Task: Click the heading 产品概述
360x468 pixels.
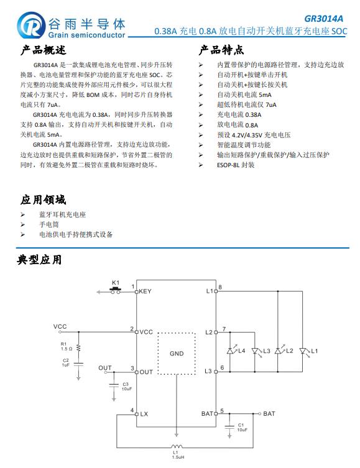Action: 40,50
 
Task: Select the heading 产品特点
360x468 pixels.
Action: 221,50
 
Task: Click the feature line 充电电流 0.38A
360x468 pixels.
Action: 239,115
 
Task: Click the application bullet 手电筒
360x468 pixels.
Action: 49,224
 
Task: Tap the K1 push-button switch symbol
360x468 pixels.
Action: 116,290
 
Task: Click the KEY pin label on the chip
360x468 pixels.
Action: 145,291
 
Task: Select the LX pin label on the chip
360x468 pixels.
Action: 144,413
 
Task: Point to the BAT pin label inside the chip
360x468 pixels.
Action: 207,413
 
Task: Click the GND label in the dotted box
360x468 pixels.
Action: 177,354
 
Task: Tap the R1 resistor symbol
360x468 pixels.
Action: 79,346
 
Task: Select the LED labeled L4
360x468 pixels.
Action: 232,351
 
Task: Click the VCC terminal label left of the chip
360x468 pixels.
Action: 60,326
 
